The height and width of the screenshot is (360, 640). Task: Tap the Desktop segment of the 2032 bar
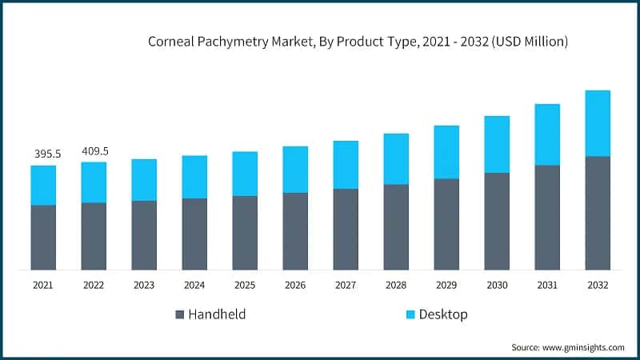(x=598, y=123)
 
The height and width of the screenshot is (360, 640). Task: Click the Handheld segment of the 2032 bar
(x=598, y=213)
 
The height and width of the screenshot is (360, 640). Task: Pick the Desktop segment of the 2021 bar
(x=44, y=185)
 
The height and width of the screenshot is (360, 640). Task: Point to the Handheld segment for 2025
(x=245, y=233)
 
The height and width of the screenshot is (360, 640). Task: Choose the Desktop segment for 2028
(x=396, y=158)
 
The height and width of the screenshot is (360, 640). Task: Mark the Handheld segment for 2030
(x=497, y=221)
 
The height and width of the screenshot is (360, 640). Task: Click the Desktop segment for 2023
(x=144, y=179)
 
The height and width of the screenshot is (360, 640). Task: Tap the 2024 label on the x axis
(x=194, y=285)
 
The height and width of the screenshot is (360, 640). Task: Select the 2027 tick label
(x=346, y=285)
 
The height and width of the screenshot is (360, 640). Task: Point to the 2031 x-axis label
(x=547, y=285)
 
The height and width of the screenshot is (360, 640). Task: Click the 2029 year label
(x=446, y=285)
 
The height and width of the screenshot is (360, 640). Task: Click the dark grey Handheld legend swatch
(x=178, y=314)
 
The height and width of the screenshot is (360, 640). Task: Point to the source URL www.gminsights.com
(x=582, y=347)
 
